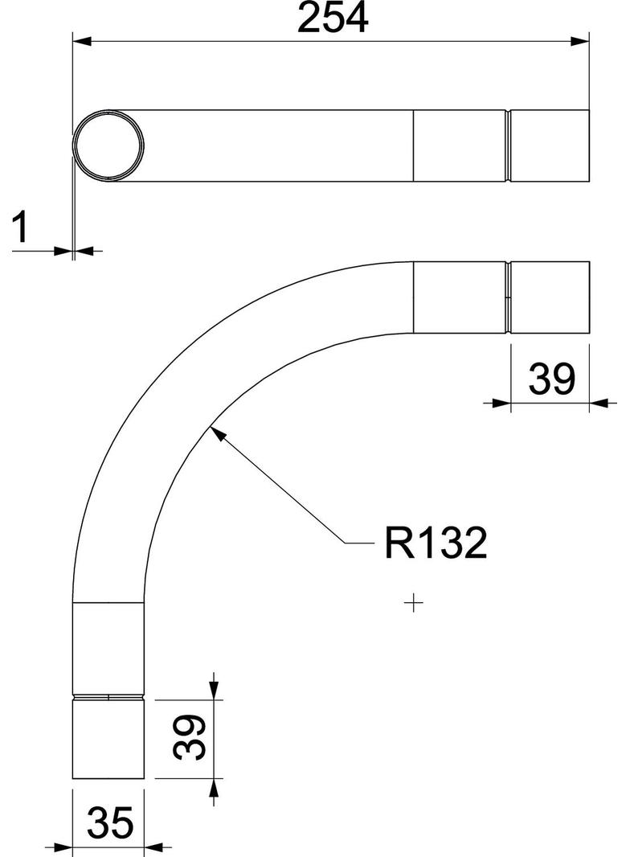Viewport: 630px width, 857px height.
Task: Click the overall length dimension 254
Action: click(x=332, y=19)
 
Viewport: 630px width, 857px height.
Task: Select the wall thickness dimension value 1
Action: click(x=22, y=228)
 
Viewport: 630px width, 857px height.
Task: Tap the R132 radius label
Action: click(x=435, y=544)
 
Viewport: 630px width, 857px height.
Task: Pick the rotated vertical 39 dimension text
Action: click(x=190, y=737)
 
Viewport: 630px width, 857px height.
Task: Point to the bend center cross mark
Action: click(x=415, y=601)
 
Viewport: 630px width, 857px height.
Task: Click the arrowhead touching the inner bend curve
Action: click(x=215, y=434)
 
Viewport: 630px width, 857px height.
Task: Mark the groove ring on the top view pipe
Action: click(x=509, y=146)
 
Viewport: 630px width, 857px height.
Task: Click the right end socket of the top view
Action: click(x=550, y=146)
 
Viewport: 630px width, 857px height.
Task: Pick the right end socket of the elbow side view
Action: click(x=550, y=297)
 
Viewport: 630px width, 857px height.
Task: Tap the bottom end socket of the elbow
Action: click(x=109, y=740)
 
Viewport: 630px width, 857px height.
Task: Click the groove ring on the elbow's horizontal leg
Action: click(x=509, y=297)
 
